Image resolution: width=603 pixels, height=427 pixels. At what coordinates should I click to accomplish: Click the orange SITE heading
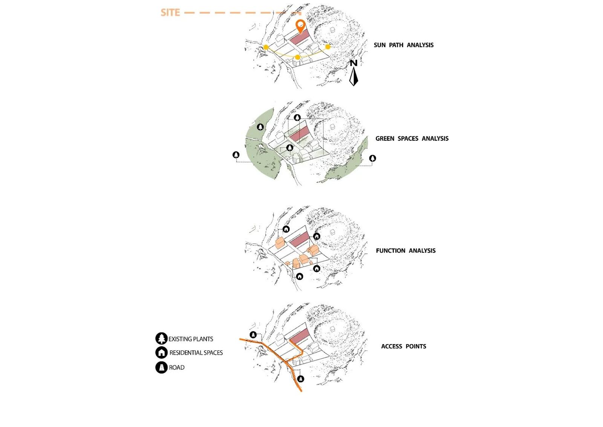tap(170, 13)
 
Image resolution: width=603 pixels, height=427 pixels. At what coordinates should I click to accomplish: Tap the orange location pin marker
tap(300, 26)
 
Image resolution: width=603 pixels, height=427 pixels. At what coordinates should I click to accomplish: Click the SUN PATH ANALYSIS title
tap(404, 45)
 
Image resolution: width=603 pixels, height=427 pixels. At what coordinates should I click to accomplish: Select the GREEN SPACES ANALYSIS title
tap(412, 138)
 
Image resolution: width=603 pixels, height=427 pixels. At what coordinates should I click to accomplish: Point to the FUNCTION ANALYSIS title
tap(406, 251)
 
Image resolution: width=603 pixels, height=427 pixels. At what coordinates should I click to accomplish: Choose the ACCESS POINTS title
tap(404, 346)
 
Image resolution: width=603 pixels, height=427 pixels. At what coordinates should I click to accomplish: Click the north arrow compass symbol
tap(354, 77)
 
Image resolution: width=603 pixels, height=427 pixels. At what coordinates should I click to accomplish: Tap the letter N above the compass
tap(354, 63)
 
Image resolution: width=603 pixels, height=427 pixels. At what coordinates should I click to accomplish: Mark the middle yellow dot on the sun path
tap(297, 57)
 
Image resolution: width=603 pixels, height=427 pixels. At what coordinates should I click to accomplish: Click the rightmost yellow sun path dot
tap(328, 47)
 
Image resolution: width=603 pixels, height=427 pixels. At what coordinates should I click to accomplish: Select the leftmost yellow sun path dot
tap(266, 47)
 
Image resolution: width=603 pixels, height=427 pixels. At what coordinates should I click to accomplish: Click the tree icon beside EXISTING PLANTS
tap(162, 338)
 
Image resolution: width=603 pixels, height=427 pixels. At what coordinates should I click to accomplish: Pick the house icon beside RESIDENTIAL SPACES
tap(162, 352)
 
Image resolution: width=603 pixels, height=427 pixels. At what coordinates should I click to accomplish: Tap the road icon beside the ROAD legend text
tap(162, 367)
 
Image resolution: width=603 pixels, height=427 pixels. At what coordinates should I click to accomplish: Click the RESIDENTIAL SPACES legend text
tap(196, 353)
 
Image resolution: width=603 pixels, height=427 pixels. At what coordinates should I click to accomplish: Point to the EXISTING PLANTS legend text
tap(191, 339)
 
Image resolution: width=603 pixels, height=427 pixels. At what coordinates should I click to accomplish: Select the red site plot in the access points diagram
tap(300, 336)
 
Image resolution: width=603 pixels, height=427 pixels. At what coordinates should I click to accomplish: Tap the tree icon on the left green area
tap(260, 127)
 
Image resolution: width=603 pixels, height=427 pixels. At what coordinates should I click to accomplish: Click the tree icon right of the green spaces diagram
tap(373, 158)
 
